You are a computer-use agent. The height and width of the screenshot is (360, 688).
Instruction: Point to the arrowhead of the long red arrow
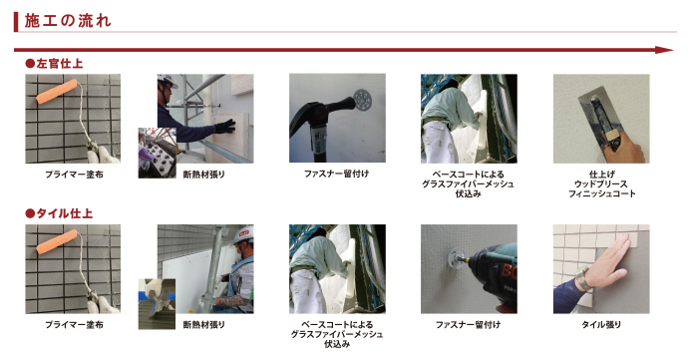(x=668, y=49)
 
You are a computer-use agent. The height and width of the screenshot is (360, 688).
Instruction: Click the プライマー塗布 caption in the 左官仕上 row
(x=75, y=174)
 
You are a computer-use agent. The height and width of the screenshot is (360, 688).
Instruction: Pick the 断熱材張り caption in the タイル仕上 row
(x=204, y=324)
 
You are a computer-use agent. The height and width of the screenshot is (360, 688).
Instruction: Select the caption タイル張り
(x=600, y=324)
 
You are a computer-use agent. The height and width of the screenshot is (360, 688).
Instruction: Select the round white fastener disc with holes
(x=362, y=100)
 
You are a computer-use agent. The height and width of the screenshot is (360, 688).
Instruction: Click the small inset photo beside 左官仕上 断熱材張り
(x=158, y=153)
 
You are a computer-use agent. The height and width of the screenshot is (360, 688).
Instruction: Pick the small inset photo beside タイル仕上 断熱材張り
(x=157, y=302)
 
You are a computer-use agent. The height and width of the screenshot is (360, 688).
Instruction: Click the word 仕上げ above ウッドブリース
(x=600, y=174)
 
